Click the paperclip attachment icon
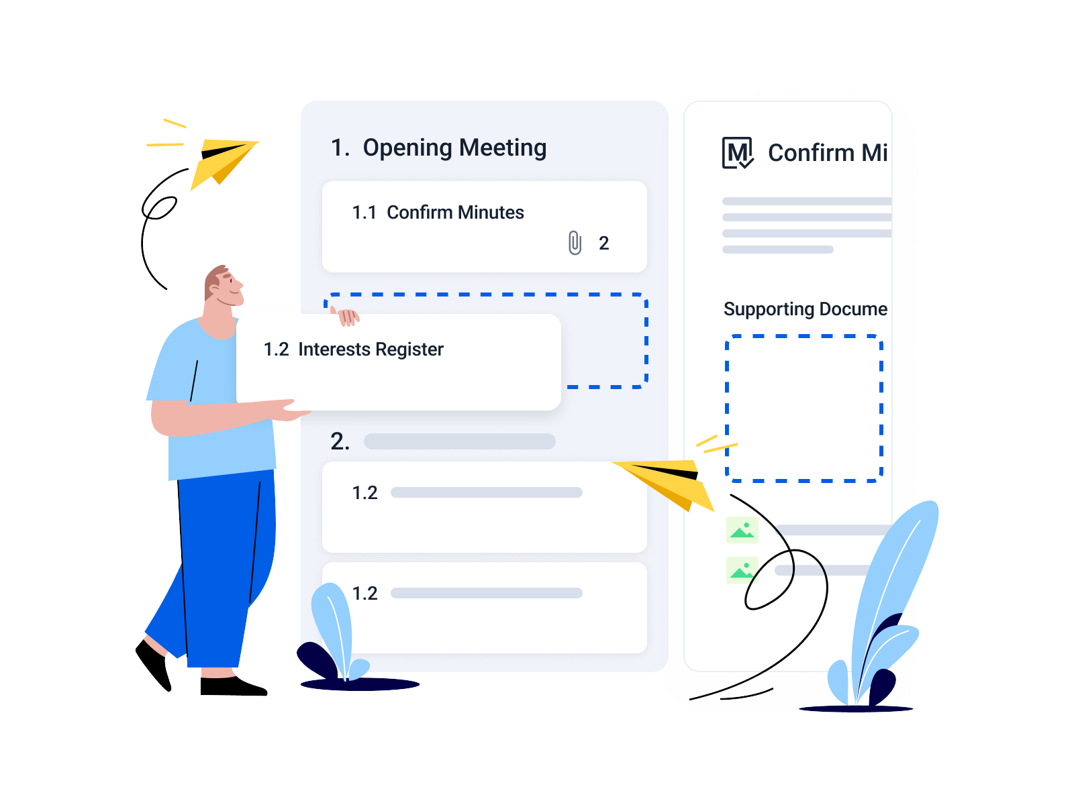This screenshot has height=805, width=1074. click(x=575, y=243)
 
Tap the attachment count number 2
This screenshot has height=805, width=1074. click(x=603, y=244)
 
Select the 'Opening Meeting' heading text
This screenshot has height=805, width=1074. click(x=454, y=148)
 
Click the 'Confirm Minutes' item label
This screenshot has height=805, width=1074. click(x=455, y=213)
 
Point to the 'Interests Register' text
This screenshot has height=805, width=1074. click(x=371, y=350)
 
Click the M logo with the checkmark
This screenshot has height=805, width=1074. click(x=737, y=153)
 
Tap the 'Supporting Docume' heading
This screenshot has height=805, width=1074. click(x=805, y=309)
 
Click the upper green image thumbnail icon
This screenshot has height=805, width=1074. click(x=742, y=530)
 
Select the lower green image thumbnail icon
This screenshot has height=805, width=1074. click(x=742, y=570)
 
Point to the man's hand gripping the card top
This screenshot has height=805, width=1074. click(x=348, y=317)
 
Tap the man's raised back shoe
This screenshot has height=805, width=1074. click(x=154, y=665)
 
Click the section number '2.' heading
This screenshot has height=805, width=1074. click(x=340, y=441)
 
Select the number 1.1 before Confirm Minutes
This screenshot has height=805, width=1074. click(x=364, y=213)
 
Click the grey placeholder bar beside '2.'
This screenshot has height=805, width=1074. click(x=459, y=441)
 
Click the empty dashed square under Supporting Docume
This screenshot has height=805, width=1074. click(x=804, y=409)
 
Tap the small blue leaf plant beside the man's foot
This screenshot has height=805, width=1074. click(x=338, y=635)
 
